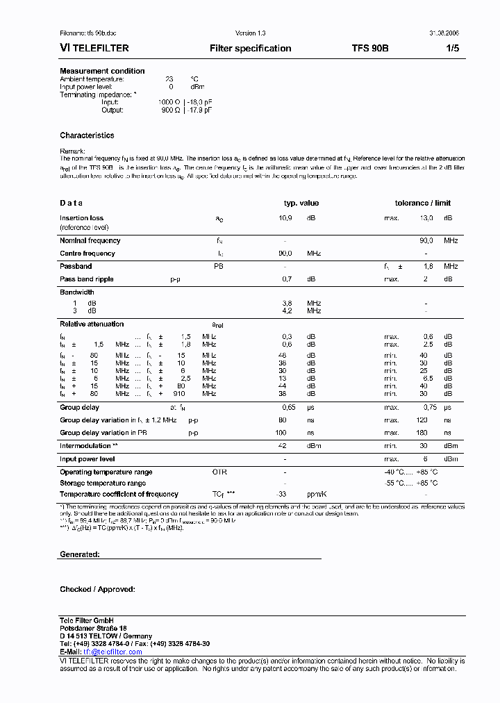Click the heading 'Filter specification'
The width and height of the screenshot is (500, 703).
point(250,49)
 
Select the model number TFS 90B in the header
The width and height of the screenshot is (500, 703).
point(370,49)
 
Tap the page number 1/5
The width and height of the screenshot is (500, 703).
point(451,49)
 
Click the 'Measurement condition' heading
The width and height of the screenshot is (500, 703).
point(102,71)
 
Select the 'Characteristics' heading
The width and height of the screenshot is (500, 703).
point(87,135)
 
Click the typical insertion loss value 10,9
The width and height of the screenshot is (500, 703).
point(285,218)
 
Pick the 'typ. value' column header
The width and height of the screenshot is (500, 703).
point(301,203)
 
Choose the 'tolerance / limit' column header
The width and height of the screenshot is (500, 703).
point(422,203)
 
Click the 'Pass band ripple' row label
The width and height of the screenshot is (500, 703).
point(87,279)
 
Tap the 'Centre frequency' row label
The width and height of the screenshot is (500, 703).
point(87,254)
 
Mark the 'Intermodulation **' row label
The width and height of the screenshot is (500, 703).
point(89,446)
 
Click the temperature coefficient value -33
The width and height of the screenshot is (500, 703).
point(281,495)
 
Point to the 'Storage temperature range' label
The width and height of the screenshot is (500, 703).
point(103,483)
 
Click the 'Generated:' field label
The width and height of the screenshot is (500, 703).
point(80,554)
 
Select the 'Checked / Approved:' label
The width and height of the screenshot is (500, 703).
point(97,589)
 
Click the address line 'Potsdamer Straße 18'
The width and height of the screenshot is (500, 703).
point(93,628)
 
